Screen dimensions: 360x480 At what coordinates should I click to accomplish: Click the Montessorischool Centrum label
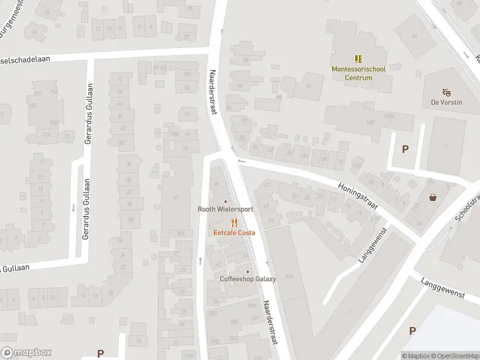click(x=359, y=73)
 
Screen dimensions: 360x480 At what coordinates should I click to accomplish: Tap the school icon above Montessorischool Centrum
click(x=359, y=59)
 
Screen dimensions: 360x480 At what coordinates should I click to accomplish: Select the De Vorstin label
click(x=446, y=102)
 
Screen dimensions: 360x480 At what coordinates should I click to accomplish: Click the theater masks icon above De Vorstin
click(x=446, y=92)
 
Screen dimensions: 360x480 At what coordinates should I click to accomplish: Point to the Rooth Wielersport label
click(x=226, y=209)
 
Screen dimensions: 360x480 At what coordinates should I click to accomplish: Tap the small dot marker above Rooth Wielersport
click(x=226, y=201)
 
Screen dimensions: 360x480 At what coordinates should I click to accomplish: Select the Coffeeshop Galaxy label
click(x=248, y=279)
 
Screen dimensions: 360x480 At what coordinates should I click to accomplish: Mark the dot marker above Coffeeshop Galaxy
click(x=248, y=271)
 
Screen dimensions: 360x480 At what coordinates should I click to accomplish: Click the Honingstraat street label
click(x=358, y=196)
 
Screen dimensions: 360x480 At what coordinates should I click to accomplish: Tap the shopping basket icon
click(x=433, y=197)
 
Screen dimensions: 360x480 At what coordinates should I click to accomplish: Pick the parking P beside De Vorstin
click(x=406, y=149)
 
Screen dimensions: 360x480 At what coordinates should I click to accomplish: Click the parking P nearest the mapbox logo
click(x=100, y=354)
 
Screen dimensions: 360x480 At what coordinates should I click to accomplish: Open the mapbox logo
click(x=26, y=353)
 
